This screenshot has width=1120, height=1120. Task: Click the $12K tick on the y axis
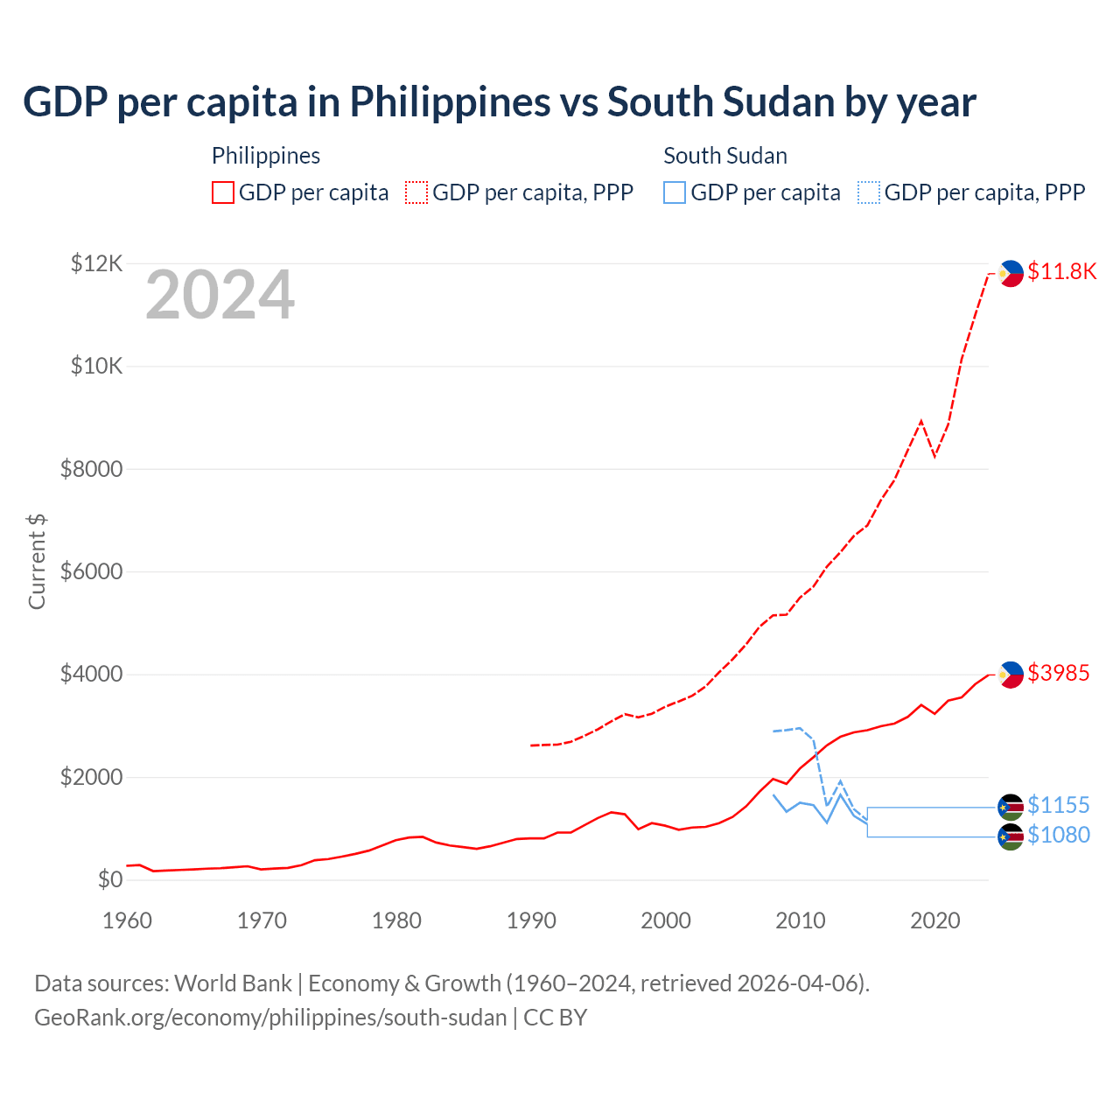point(97,262)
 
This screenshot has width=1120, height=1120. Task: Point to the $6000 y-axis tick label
point(91,571)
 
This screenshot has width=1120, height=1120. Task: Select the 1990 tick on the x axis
point(531,920)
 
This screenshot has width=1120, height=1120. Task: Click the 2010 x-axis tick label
point(801,920)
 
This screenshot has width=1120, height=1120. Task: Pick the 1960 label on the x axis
point(127,920)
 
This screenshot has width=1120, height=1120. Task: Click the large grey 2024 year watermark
point(220,295)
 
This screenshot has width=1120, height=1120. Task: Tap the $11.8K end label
point(1061,271)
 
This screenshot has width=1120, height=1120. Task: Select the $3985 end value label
point(1059,673)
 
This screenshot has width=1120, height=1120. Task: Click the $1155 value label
point(1059,805)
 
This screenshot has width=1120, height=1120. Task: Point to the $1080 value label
point(1059,835)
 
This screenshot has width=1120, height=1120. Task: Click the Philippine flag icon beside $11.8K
point(1011,273)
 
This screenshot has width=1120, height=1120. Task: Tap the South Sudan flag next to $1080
point(1011,836)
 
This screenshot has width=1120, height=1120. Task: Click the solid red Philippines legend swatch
point(223,192)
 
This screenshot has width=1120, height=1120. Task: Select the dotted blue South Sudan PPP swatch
point(869,192)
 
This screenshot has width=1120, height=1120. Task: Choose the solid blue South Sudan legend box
point(675,192)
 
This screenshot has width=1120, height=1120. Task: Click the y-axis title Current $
point(37,561)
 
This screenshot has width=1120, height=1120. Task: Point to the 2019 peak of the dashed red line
point(920,421)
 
